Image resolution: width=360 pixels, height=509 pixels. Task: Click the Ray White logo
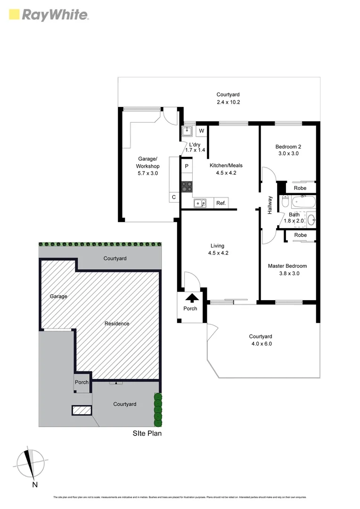coord(49,15)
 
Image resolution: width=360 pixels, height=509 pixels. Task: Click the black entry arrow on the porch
coord(192,298)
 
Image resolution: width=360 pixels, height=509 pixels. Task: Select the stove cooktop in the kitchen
coord(187,186)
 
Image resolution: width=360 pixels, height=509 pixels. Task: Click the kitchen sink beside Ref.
coord(200,203)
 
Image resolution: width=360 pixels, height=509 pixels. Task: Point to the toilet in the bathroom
coord(285,203)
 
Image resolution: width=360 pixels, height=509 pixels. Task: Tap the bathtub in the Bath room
coord(303,203)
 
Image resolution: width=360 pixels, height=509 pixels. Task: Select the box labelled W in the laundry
coord(201,131)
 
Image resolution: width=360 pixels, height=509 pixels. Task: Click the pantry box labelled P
coord(187,166)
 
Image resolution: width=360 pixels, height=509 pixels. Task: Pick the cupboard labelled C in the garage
coord(174,197)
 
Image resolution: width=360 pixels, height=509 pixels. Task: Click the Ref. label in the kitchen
coord(221,203)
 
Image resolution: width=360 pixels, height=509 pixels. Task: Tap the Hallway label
coord(270,205)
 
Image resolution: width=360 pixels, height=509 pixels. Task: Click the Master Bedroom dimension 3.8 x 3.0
coord(287,273)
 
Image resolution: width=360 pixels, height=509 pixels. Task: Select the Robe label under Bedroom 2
coord(300,188)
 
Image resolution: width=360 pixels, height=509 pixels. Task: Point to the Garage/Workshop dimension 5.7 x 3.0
coord(147,173)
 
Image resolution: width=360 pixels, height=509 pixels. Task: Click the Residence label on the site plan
coord(117,323)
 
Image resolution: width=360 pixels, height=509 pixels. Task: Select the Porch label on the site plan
coord(82,382)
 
